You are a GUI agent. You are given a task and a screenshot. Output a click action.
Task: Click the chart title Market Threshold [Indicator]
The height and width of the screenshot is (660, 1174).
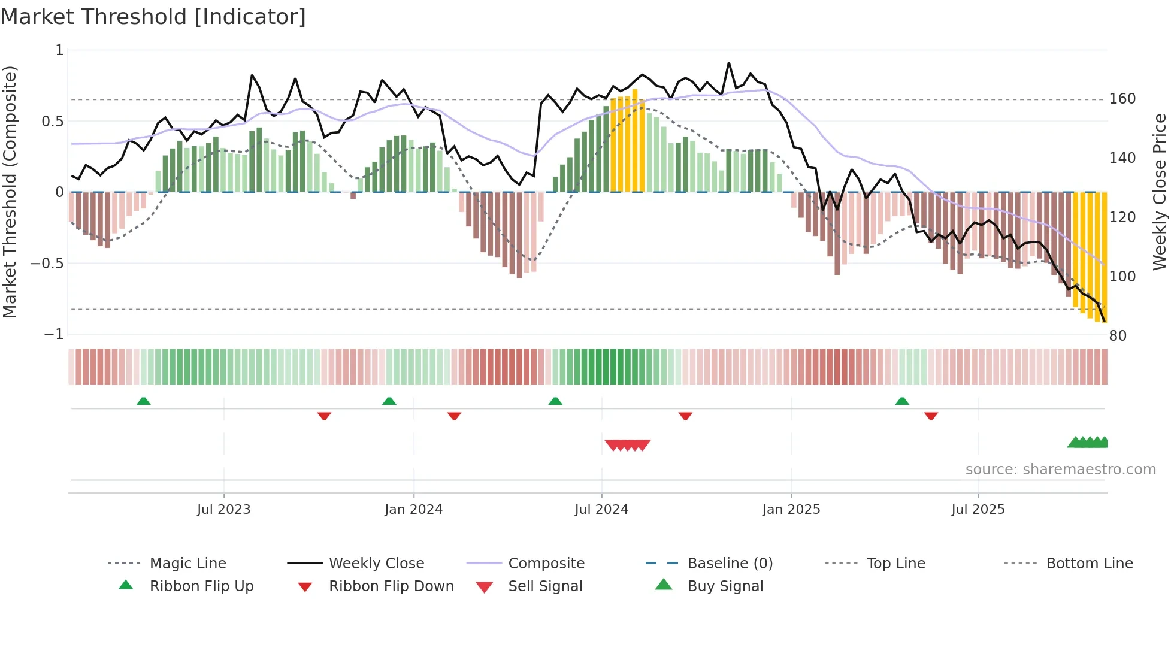pyautogui.click(x=153, y=17)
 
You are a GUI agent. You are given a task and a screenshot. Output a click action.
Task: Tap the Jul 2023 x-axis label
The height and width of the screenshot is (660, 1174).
pyautogui.click(x=223, y=510)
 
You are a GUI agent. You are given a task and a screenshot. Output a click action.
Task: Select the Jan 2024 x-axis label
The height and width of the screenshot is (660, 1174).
pyautogui.click(x=413, y=510)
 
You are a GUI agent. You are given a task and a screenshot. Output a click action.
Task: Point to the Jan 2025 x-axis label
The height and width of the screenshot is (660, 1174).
pyautogui.click(x=791, y=510)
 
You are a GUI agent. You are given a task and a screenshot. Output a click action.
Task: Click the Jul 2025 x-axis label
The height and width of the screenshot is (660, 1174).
pyautogui.click(x=978, y=510)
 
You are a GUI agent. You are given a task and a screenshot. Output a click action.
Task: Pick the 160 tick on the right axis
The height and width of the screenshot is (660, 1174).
pyautogui.click(x=1122, y=99)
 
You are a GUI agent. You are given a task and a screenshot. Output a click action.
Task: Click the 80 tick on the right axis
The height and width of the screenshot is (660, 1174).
pyautogui.click(x=1118, y=336)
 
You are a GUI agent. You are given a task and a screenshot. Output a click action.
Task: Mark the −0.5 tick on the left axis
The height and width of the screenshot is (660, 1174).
pyautogui.click(x=47, y=264)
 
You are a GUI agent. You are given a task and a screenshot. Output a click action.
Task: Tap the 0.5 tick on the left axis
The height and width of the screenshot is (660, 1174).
pyautogui.click(x=52, y=122)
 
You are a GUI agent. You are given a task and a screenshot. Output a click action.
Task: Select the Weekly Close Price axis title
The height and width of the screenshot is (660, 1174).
pyautogui.click(x=1160, y=192)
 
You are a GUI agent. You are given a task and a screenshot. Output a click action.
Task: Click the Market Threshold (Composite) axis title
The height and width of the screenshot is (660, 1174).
pyautogui.click(x=10, y=192)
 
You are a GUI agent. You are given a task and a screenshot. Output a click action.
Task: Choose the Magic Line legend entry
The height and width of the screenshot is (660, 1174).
pyautogui.click(x=187, y=564)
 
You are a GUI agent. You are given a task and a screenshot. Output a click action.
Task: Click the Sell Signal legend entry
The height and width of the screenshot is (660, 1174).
pyautogui.click(x=545, y=586)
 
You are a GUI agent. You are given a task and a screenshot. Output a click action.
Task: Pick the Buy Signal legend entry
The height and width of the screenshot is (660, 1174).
pyautogui.click(x=725, y=586)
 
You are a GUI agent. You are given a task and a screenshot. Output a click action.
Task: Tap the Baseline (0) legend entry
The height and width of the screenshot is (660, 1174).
pyautogui.click(x=730, y=564)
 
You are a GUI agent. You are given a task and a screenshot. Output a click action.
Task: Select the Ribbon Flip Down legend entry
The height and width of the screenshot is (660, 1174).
pyautogui.click(x=391, y=586)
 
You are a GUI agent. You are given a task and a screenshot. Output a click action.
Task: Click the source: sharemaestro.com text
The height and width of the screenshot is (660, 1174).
pyautogui.click(x=1060, y=470)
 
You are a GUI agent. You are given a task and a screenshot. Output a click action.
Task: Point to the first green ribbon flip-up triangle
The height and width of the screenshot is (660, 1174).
pyautogui.click(x=143, y=401)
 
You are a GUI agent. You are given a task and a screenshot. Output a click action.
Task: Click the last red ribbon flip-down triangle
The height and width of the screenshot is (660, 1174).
pyautogui.click(x=931, y=416)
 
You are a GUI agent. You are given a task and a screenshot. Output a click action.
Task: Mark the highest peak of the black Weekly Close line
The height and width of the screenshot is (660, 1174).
pyautogui.click(x=728, y=63)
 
